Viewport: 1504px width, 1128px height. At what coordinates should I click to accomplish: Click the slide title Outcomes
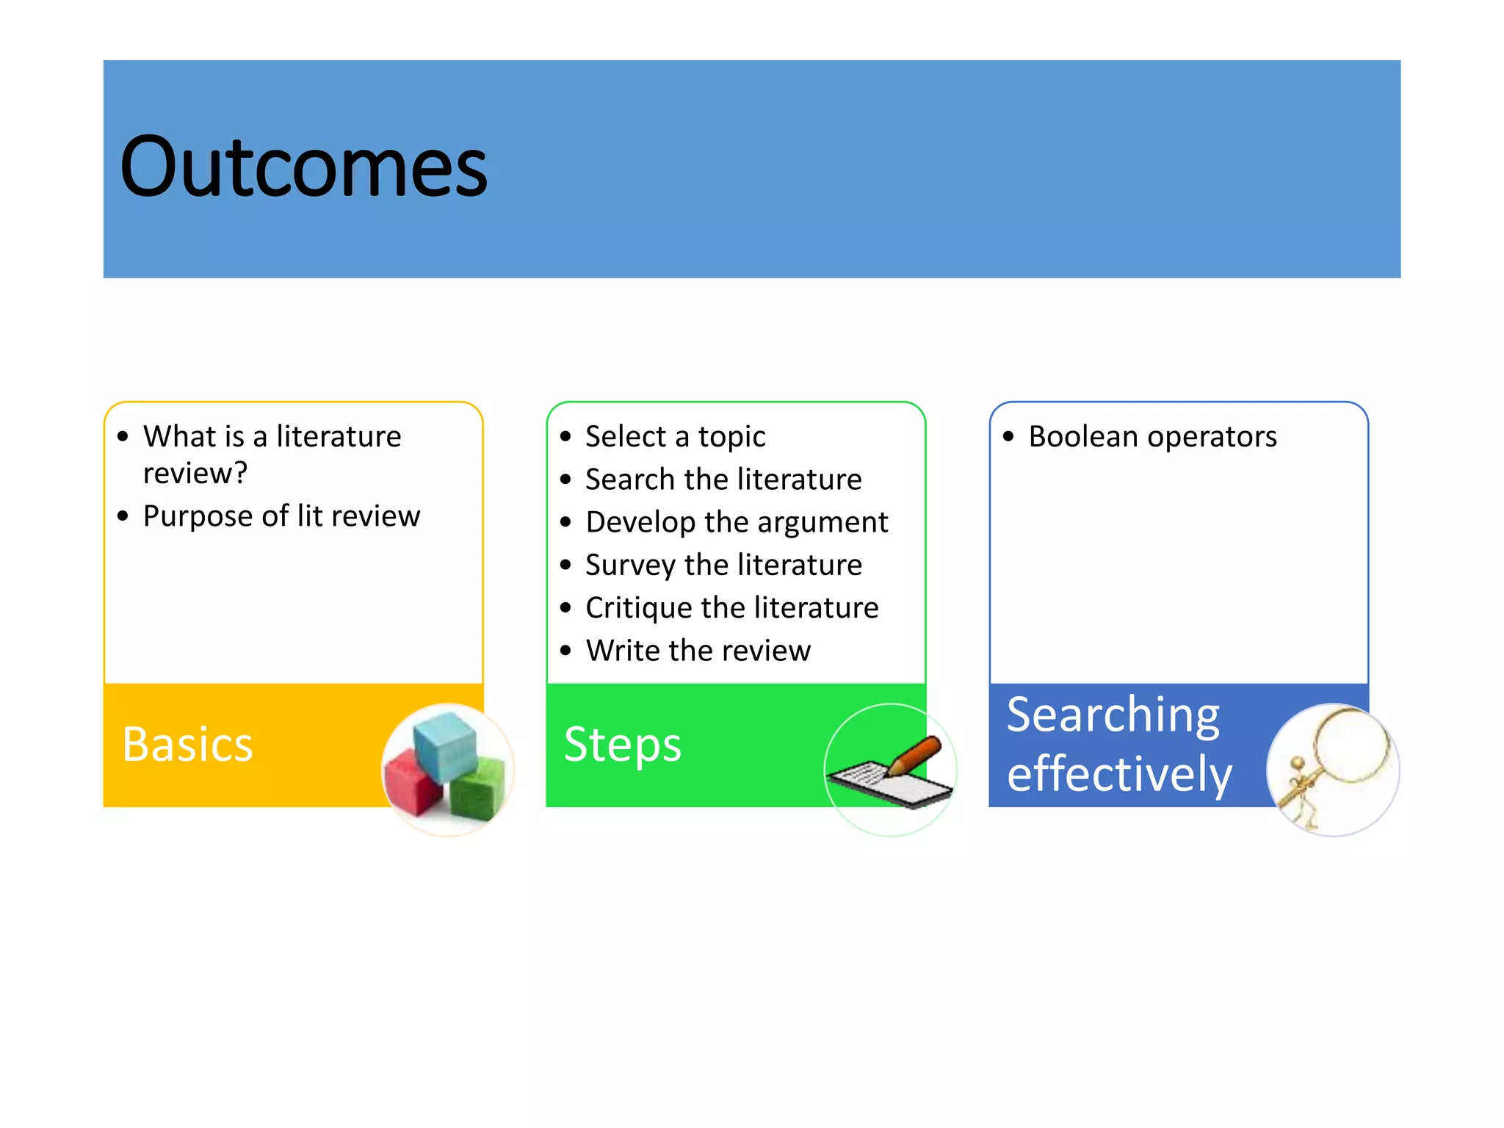pos(303,167)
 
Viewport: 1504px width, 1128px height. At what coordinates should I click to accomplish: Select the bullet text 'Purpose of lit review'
pos(281,516)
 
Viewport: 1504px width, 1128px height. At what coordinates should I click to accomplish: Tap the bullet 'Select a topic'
pos(675,437)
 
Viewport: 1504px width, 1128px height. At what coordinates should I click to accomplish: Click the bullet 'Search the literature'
pos(723,480)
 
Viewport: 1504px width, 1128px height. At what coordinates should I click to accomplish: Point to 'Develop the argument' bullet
pos(737,522)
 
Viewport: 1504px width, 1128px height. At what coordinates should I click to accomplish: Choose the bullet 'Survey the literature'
pos(723,565)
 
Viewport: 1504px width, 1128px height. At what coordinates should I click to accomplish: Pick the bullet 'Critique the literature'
pos(731,608)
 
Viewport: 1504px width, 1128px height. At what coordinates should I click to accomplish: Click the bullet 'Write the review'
pos(698,651)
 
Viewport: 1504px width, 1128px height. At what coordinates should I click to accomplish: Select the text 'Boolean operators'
pos(1152,437)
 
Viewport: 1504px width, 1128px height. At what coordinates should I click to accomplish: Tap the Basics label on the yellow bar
pos(187,745)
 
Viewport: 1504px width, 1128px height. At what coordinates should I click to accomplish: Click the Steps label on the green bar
pos(623,745)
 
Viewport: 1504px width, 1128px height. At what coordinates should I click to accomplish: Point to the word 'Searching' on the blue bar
pos(1113,715)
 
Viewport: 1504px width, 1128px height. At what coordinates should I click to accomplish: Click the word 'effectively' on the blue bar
pos(1119,774)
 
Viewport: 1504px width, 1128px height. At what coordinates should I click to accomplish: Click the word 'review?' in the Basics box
pos(195,474)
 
